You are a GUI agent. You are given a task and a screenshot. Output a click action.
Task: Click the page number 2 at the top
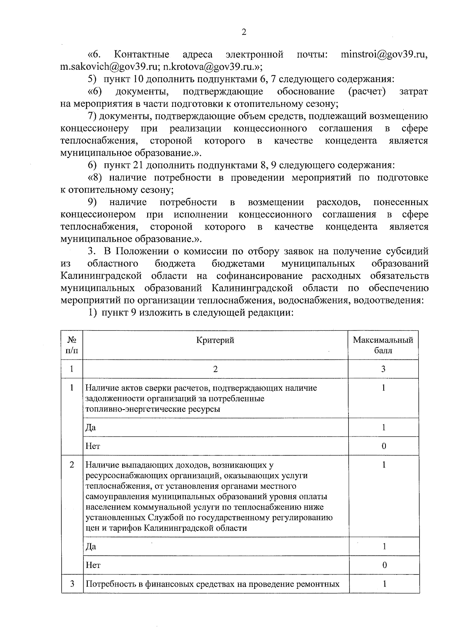244,32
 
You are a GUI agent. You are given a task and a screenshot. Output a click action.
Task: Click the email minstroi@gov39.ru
384,55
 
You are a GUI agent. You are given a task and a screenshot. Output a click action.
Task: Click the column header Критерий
215,340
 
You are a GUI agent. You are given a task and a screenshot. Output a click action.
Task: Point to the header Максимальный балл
383,345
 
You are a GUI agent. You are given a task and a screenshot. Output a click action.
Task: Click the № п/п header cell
72,345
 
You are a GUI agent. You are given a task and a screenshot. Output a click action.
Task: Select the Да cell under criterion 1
91,427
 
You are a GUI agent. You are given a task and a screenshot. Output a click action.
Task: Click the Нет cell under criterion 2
93,565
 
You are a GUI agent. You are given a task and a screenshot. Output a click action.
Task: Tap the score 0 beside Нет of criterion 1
384,446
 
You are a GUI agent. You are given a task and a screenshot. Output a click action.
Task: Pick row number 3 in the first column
72,584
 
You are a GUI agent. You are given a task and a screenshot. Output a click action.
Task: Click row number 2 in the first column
72,465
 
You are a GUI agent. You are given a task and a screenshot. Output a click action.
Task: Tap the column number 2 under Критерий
215,369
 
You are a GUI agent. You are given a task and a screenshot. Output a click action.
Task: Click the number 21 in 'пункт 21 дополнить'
138,165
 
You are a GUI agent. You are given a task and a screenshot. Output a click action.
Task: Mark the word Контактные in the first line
141,55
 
